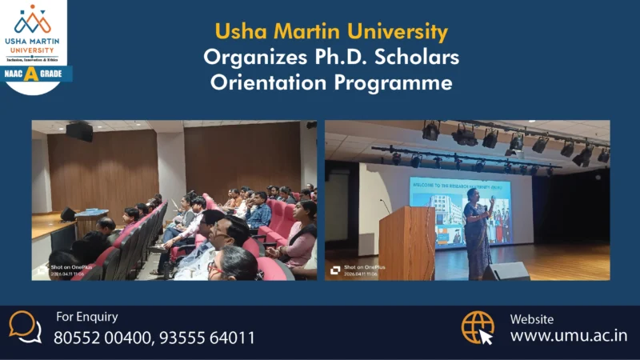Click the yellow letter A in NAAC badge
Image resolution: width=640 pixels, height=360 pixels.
31,74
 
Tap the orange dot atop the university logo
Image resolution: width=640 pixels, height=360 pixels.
33,8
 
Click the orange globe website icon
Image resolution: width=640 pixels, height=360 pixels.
478,327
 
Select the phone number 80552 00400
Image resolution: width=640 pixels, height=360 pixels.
100,338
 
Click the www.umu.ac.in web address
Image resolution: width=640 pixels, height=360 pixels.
568,335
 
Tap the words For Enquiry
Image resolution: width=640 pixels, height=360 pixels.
86,317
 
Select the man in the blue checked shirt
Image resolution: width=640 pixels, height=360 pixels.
258,211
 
